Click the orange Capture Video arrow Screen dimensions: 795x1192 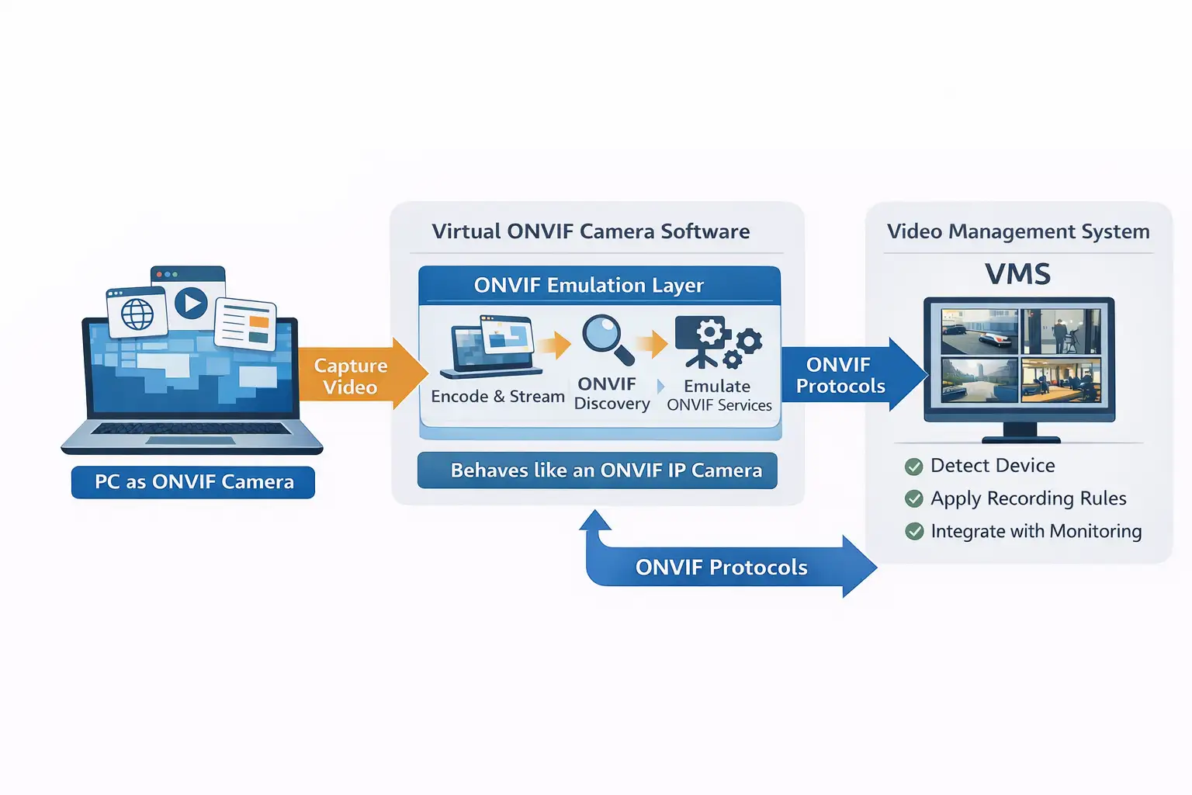coord(357,377)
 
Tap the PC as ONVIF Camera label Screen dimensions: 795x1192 coord(193,482)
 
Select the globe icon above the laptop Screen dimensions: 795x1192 coord(137,314)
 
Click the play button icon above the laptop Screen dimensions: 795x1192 coord(191,303)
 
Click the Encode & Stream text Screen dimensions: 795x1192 coord(497,397)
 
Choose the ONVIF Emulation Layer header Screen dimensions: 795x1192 coord(588,286)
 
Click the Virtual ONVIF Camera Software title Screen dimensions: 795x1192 coord(591,231)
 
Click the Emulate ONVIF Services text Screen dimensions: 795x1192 coord(719,396)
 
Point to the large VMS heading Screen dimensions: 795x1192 coord(1017,274)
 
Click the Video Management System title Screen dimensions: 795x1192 coord(1018,231)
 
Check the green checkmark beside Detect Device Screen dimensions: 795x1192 coord(914,467)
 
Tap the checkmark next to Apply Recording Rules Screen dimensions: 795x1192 coord(914,499)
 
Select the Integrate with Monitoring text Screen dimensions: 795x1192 coord(1036,532)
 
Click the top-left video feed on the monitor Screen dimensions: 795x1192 coord(979,332)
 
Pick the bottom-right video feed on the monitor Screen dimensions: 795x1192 coord(1061,380)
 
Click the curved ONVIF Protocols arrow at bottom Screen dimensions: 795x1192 coord(722,568)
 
